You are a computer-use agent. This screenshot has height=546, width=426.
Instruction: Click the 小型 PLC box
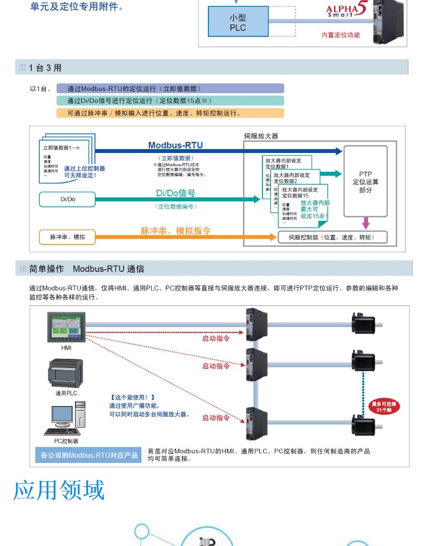(238, 23)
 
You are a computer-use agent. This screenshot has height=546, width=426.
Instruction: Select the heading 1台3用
(45, 68)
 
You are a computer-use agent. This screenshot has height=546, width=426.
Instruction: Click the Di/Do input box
(67, 200)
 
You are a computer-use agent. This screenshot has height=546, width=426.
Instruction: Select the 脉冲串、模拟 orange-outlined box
(67, 236)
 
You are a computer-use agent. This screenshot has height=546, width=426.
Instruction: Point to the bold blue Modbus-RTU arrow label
(175, 146)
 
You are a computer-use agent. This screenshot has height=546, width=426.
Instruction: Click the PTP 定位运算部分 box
(365, 181)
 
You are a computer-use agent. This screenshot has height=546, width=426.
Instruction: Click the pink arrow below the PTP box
(365, 222)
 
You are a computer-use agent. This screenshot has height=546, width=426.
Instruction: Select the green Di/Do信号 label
(176, 193)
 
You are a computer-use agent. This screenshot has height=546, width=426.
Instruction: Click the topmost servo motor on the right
(364, 324)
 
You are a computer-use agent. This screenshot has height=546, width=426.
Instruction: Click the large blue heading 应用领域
(59, 490)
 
